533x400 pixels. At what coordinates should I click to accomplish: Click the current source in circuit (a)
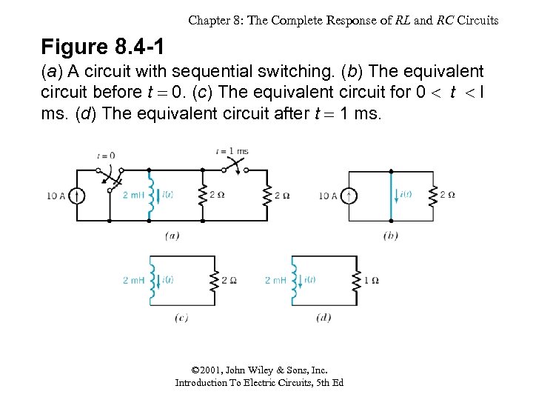click(x=77, y=196)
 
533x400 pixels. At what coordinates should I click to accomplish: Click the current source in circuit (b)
click(x=352, y=196)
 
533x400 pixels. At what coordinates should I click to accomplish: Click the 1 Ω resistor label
click(x=372, y=280)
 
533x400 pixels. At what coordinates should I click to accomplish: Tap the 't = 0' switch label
click(x=106, y=156)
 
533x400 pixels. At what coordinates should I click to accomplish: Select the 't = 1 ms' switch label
click(x=232, y=150)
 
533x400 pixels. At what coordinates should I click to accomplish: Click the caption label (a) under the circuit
click(x=172, y=236)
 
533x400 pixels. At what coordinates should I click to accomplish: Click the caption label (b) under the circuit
click(x=391, y=236)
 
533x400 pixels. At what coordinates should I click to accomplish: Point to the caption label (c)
click(x=182, y=318)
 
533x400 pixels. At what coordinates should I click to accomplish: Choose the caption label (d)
click(x=324, y=318)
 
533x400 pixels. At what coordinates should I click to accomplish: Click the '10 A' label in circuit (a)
click(x=55, y=196)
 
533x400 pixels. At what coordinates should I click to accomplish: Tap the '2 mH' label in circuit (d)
click(x=275, y=280)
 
